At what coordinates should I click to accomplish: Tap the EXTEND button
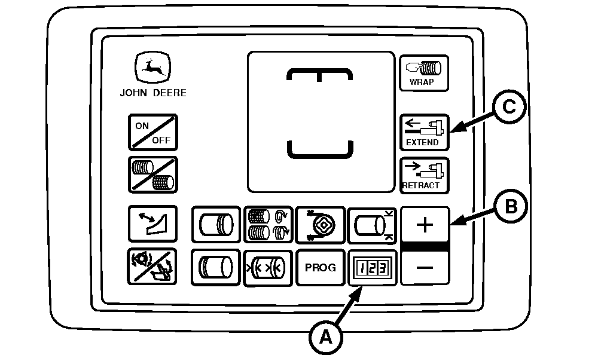point(424,132)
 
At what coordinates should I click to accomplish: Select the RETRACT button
point(424,175)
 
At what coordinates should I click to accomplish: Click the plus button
point(425,225)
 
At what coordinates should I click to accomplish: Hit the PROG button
point(321,268)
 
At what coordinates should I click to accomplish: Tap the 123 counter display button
point(373,268)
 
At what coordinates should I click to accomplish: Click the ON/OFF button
point(153,132)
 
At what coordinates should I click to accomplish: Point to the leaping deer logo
point(152,67)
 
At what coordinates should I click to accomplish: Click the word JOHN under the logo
point(133,93)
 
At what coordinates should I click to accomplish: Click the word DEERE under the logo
point(170,93)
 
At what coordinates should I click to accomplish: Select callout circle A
point(325,338)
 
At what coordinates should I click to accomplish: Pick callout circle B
point(511,207)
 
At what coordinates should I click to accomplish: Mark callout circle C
point(509,106)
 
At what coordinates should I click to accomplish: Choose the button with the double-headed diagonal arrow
point(152,224)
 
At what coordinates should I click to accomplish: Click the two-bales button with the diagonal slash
point(153,175)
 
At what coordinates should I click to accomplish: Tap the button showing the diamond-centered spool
point(321,225)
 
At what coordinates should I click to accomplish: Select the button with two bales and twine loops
point(269,225)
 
